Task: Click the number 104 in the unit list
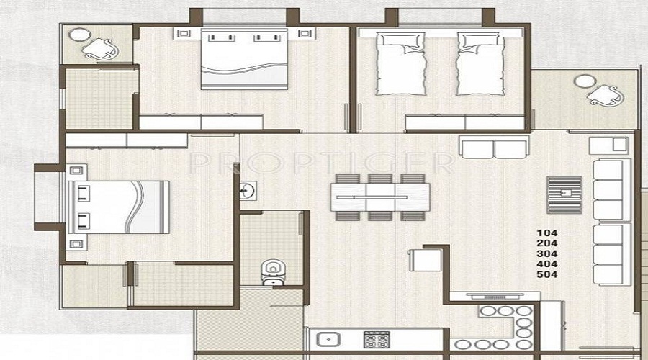(547, 233)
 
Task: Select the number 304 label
(547, 253)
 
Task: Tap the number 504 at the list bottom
(547, 274)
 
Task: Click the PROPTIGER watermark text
(322, 163)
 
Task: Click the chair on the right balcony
(606, 94)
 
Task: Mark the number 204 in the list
(547, 243)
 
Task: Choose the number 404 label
(547, 264)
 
